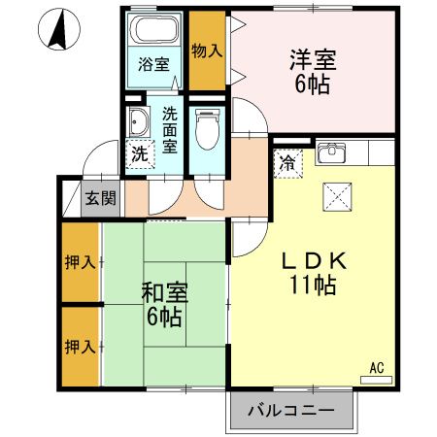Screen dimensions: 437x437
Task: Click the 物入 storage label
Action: (x=204, y=50)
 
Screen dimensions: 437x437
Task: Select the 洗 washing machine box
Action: (x=140, y=152)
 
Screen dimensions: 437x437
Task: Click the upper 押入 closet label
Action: (x=80, y=262)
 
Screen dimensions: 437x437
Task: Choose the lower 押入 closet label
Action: (x=80, y=347)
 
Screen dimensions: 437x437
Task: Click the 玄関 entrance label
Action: (x=100, y=199)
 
